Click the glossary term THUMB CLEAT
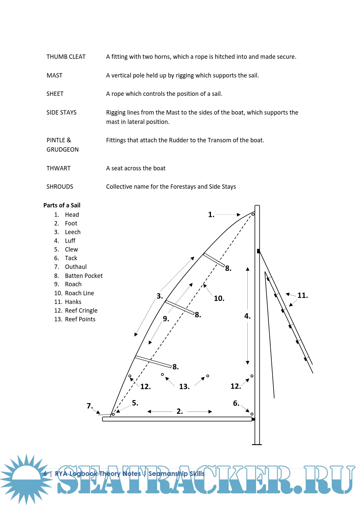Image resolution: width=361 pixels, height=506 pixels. [x=66, y=57]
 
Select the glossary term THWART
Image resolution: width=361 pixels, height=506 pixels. [x=58, y=168]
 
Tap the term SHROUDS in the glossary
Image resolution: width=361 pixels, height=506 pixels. [x=59, y=187]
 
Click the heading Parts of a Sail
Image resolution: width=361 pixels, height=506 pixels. [x=62, y=205]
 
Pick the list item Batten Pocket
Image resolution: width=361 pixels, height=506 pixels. [x=84, y=276]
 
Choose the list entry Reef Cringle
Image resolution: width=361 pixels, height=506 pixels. [x=81, y=311]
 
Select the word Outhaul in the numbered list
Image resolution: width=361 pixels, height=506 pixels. [x=76, y=267]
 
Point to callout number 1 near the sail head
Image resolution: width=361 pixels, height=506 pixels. [x=211, y=215]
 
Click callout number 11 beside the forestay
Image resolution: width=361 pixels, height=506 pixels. [x=303, y=296]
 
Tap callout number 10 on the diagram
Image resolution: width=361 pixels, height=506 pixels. [x=219, y=299]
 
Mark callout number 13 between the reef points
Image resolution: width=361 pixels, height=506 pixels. [x=184, y=387]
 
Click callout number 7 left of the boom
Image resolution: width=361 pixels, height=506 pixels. [x=90, y=406]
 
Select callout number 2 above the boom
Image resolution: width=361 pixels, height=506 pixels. [x=179, y=411]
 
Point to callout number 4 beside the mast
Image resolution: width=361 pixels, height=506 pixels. [x=247, y=316]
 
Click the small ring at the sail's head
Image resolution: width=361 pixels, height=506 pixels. [x=253, y=214]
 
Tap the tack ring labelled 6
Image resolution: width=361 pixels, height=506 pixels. [x=252, y=414]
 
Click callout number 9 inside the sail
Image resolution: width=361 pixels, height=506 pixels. [x=166, y=319]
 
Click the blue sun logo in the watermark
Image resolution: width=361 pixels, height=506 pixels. [x=26, y=479]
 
